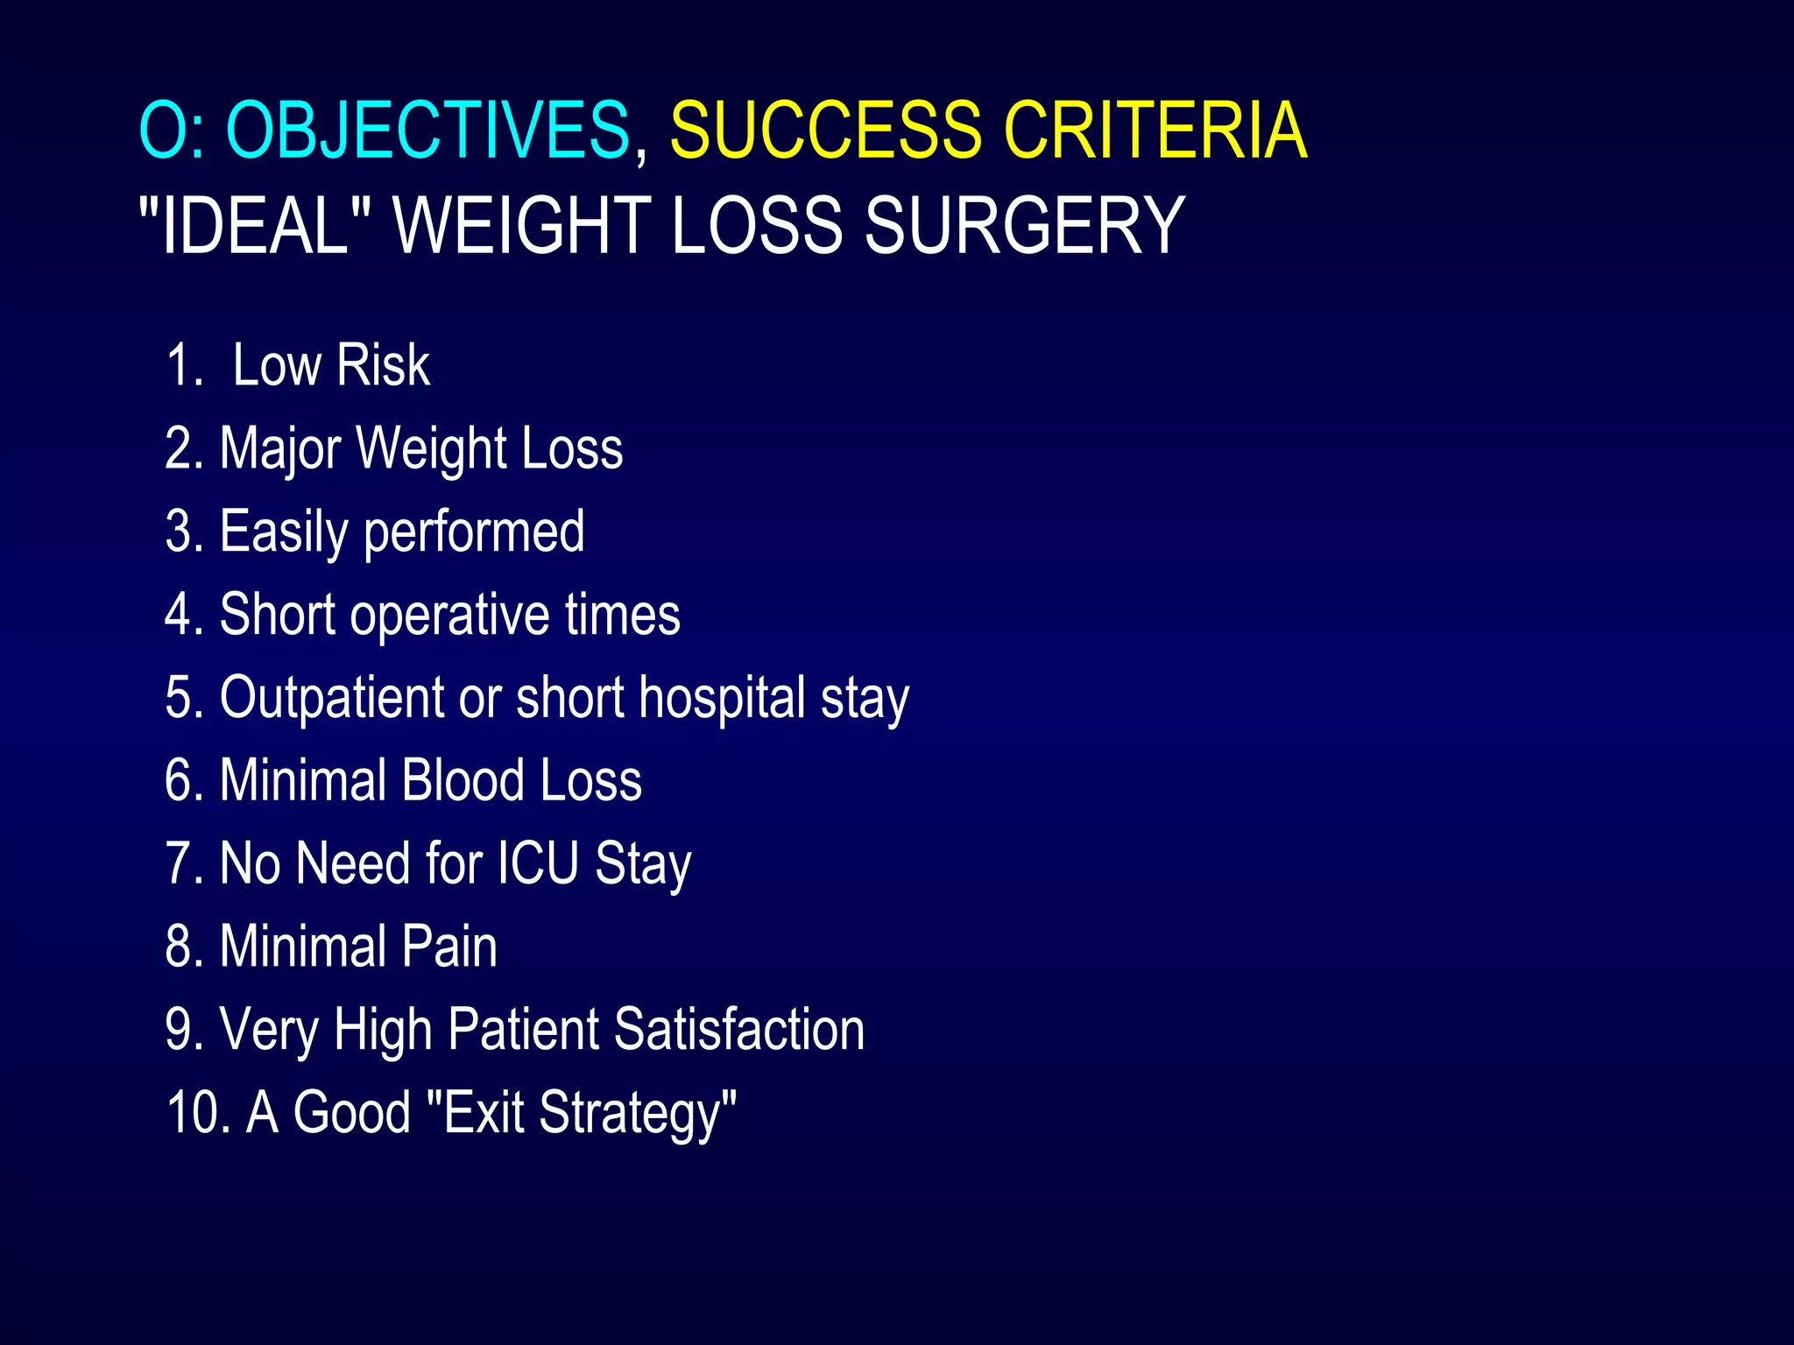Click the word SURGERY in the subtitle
(1024, 225)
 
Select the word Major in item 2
(280, 448)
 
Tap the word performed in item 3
(474, 532)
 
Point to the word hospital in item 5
(722, 697)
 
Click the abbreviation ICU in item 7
(538, 863)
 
